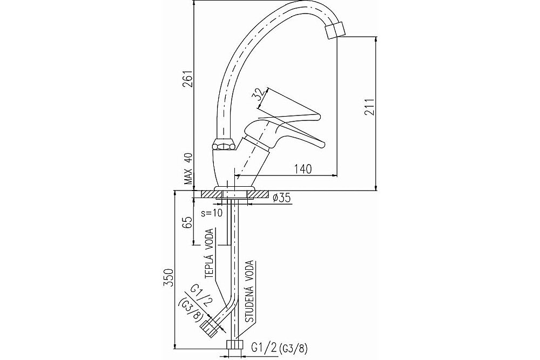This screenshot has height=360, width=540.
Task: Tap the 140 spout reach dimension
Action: click(x=303, y=169)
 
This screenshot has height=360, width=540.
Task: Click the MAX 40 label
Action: click(x=188, y=169)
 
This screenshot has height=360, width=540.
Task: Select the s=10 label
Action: click(x=212, y=213)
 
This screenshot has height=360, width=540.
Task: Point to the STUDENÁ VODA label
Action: click(x=250, y=291)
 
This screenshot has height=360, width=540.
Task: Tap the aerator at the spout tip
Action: click(x=335, y=30)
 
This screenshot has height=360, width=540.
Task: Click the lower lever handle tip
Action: click(x=323, y=144)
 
